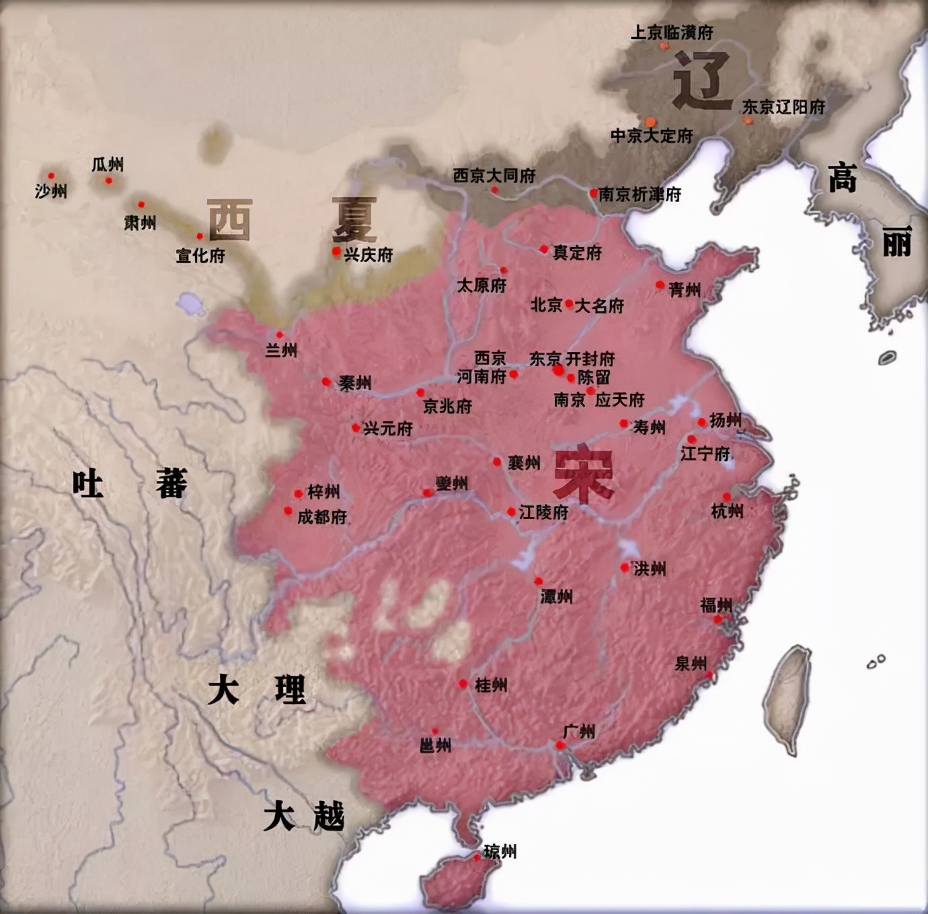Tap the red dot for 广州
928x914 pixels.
point(560,745)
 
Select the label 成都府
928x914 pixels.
point(322,516)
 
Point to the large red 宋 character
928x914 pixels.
point(583,475)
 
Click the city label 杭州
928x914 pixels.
point(727,512)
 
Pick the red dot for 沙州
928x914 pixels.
point(51,176)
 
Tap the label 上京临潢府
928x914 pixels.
point(672,32)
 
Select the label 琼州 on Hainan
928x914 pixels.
point(500,851)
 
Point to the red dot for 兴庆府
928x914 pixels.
point(336,251)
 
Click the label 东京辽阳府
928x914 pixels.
point(783,106)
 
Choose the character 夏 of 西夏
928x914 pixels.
point(353,220)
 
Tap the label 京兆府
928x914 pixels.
point(447,407)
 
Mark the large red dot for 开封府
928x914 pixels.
point(558,370)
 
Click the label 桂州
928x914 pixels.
point(491,685)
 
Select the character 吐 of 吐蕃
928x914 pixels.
point(88,483)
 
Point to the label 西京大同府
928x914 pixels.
point(494,176)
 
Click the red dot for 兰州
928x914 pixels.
point(280,335)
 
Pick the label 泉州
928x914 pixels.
point(691,664)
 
